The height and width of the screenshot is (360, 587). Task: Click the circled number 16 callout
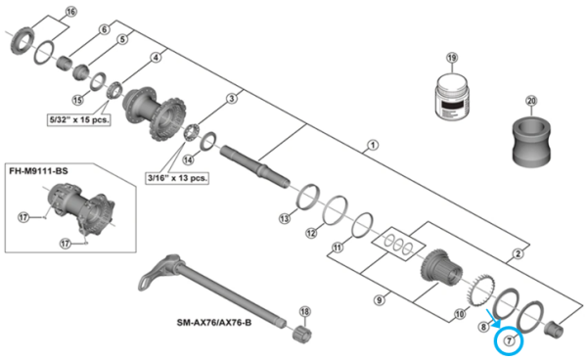68,12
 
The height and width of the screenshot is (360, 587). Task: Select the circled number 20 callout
532,101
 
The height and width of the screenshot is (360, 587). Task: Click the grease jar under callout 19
452,95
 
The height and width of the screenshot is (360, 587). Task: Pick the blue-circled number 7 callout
510,339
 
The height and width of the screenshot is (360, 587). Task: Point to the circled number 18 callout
305,312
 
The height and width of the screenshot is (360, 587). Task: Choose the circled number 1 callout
372,147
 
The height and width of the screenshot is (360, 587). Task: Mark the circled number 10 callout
460,315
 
